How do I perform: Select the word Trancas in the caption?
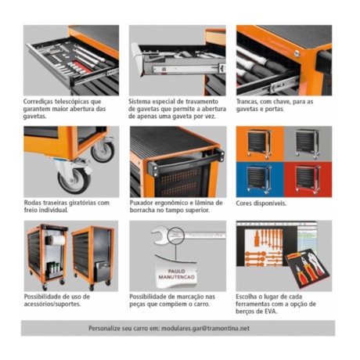coord(250,101)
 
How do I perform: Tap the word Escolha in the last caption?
coord(249,297)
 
